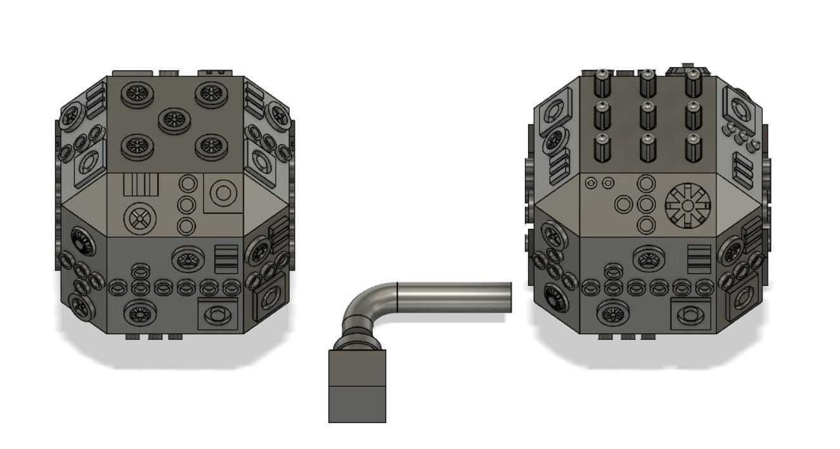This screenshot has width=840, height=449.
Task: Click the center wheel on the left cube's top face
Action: pos(174,120)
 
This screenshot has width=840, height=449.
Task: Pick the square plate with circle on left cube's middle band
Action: pos(223,193)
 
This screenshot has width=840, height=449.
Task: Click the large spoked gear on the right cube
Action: pos(688,205)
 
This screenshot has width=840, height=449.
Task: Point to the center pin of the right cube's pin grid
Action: pos(647,115)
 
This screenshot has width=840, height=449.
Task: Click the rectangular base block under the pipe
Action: pos(357,386)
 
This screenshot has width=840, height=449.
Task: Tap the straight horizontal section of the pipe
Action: pos(453,297)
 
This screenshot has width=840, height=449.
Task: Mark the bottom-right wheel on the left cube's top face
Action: pos(210,146)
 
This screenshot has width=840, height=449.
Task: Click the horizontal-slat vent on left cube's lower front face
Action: pos(226,259)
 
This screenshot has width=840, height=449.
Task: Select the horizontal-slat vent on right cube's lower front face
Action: pos(699,259)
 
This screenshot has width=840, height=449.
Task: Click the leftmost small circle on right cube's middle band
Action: pos(591,183)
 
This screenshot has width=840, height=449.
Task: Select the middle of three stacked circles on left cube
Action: pos(186,205)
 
